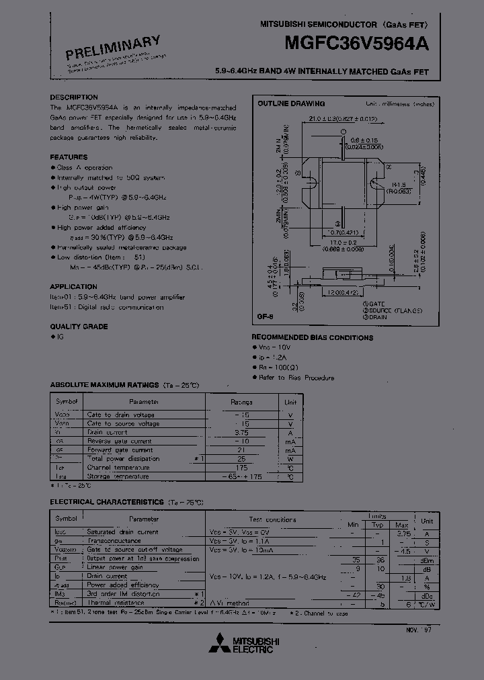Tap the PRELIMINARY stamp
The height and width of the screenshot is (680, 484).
pos(114,48)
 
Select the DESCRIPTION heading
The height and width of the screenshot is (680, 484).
pos(74,97)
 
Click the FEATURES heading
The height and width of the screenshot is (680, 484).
pos(69,157)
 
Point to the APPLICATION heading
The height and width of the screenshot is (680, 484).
pos(74,286)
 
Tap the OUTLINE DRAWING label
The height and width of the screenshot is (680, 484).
pos(292,104)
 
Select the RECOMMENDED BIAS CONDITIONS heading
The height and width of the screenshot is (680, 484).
pos(313,337)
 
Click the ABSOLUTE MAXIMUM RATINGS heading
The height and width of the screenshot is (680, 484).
pos(104,385)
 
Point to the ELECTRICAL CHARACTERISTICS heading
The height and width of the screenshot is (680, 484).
pos(107,502)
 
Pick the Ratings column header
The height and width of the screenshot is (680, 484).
pos(242,402)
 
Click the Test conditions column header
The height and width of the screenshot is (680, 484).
pos(272,519)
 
